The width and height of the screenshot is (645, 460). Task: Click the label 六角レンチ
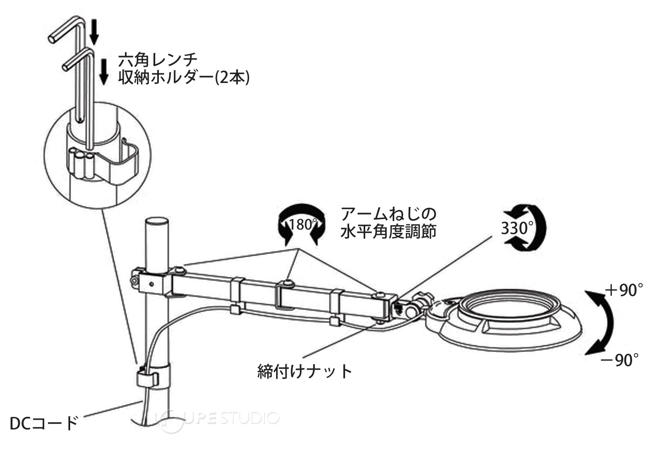[x=158, y=60]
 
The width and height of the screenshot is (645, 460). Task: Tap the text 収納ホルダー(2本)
[x=184, y=78]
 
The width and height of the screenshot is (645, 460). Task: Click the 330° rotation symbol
[x=524, y=228]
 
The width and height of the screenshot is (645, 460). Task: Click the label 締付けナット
[x=305, y=371]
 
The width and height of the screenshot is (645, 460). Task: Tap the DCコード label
[x=44, y=423]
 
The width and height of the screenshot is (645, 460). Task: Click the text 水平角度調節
[x=389, y=232]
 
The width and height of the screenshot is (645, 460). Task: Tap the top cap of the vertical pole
[x=156, y=222]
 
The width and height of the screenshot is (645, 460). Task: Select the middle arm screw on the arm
[x=287, y=284]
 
